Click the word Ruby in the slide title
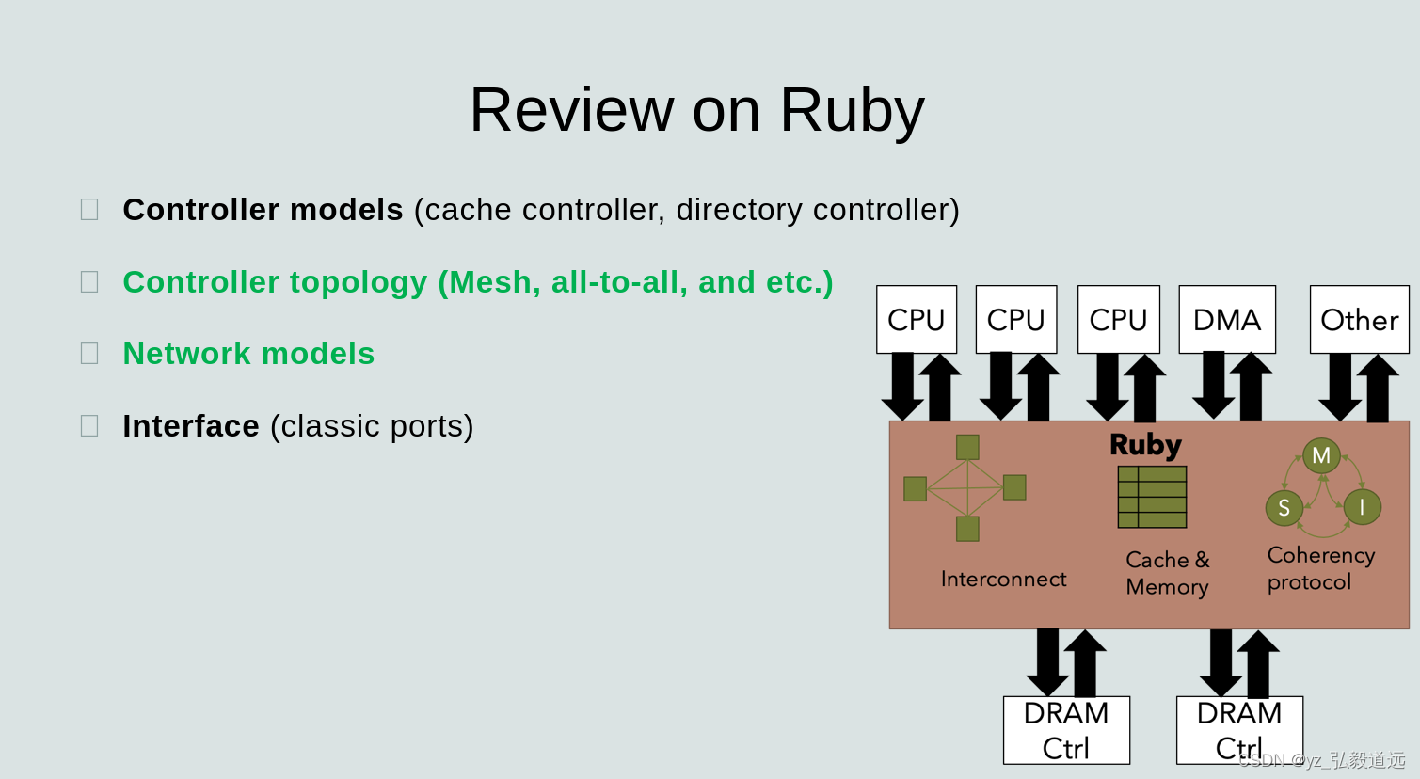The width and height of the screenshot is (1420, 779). click(x=852, y=111)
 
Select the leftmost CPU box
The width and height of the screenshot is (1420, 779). click(x=916, y=320)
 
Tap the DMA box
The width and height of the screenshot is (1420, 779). click(x=1226, y=320)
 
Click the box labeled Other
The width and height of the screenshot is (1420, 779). click(x=1359, y=320)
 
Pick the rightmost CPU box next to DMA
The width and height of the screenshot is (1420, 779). click(x=1118, y=320)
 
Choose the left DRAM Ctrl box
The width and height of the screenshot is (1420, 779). click(x=1066, y=730)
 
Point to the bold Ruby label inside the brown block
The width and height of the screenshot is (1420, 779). click(x=1145, y=444)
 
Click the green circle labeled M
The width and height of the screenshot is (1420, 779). click(x=1321, y=455)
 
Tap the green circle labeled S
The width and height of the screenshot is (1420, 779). click(x=1284, y=508)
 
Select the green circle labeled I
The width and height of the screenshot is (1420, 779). click(x=1362, y=507)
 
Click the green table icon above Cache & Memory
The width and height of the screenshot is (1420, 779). click(x=1152, y=497)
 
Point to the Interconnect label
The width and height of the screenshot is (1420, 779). click(x=1003, y=579)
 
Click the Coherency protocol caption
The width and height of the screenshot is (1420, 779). click(x=1320, y=568)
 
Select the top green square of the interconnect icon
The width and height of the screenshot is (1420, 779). click(x=967, y=447)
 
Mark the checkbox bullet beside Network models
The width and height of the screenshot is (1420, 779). click(x=89, y=354)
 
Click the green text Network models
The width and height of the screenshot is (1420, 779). click(x=248, y=354)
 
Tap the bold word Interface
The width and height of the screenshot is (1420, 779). click(x=191, y=426)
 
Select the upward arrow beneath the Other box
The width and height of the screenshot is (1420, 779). click(x=1378, y=388)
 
